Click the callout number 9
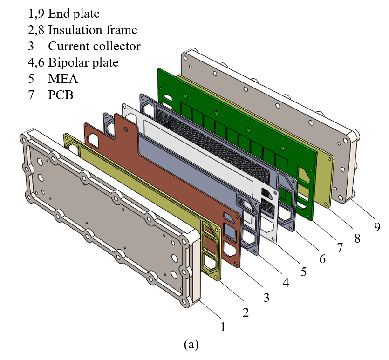click(x=377, y=227)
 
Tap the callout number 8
click(x=357, y=238)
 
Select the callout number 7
click(x=340, y=248)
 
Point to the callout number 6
click(x=322, y=259)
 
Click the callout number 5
click(x=304, y=271)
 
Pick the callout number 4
click(x=285, y=282)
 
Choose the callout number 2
click(x=246, y=312)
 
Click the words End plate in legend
click(x=74, y=14)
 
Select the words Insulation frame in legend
click(x=92, y=30)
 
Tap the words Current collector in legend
click(x=94, y=47)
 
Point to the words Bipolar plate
click(x=83, y=62)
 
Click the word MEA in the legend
click(x=63, y=79)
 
